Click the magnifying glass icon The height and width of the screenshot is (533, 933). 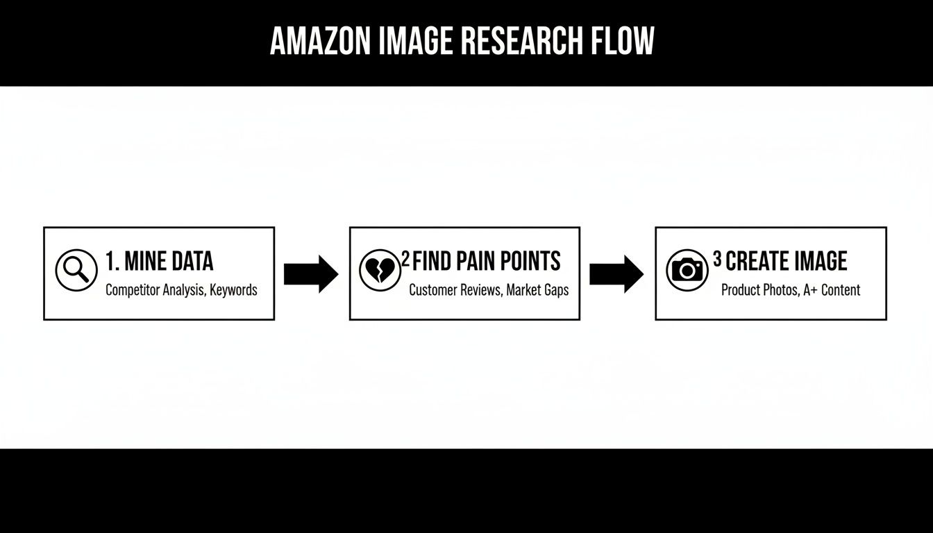point(76,270)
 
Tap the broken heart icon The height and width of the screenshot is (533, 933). point(380,270)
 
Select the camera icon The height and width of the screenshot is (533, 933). point(687,270)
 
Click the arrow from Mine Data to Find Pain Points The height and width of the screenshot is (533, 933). point(311,273)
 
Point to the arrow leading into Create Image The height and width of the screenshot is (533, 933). point(616,273)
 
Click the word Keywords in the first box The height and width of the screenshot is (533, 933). point(234,290)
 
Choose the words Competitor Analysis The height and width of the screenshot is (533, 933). point(155,290)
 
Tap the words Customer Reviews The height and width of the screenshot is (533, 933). point(455,290)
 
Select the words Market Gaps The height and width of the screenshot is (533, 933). point(537,290)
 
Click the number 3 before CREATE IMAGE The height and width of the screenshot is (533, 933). point(717,260)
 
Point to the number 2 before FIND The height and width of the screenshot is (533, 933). point(405,260)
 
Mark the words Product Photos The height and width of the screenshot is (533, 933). point(759,290)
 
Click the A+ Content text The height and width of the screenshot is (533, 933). point(832,290)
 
